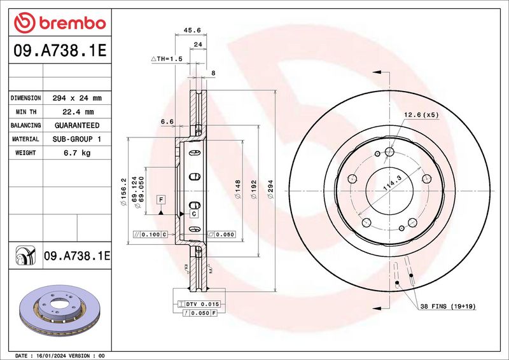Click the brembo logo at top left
coord(60,23)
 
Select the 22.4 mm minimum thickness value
coord(78,112)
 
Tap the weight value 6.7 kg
coord(77,153)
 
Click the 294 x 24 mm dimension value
coord(77,98)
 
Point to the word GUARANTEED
coord(77,125)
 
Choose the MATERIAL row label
coord(25,139)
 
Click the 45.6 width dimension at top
coord(192,30)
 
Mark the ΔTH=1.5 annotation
coord(167,59)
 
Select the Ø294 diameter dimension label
coord(270,189)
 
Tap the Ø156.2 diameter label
coord(123,192)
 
